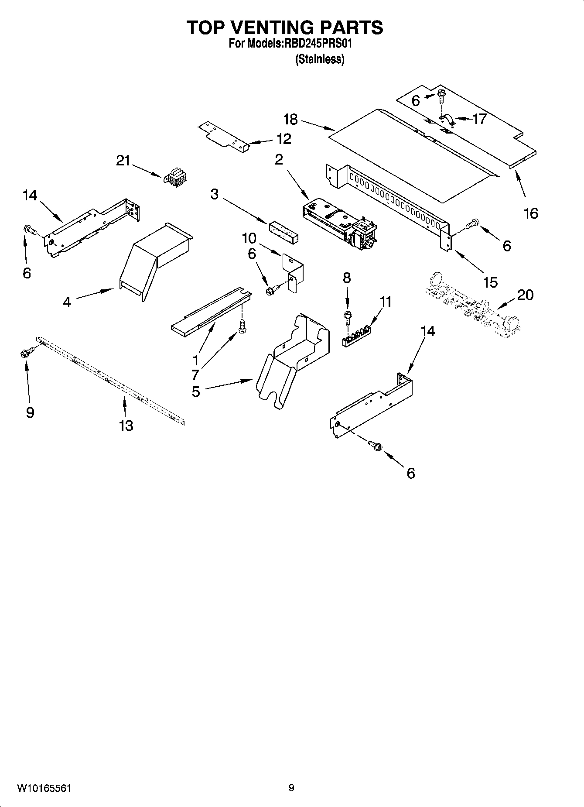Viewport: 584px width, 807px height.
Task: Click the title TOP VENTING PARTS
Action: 285,27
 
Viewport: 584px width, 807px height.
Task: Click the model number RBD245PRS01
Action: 318,44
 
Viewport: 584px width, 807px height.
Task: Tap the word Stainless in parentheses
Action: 320,59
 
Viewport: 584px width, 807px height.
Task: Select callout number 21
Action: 123,161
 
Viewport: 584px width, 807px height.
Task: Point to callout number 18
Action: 290,119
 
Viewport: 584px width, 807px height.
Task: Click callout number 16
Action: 531,213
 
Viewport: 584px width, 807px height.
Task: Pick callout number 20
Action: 525,295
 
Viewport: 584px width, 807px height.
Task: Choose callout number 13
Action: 126,426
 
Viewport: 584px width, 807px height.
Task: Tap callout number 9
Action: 30,412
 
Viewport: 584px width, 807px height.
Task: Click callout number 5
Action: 196,391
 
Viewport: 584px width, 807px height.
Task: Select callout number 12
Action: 283,139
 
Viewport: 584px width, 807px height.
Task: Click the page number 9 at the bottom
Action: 291,788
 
